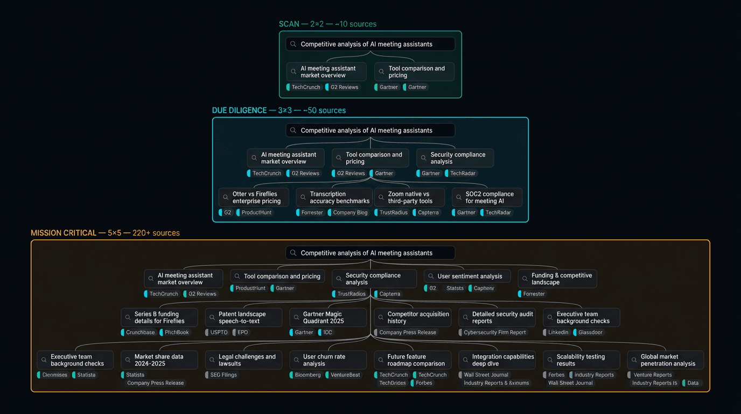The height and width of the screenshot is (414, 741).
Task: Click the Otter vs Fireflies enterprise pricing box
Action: (x=254, y=197)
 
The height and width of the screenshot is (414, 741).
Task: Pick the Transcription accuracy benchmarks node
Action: (x=334, y=197)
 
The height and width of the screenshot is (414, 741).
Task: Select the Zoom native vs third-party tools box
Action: (x=409, y=197)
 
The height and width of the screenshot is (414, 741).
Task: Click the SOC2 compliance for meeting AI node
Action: (x=487, y=197)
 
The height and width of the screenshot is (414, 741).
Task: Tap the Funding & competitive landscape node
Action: (x=557, y=279)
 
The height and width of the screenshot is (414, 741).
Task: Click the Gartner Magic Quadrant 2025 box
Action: (x=328, y=318)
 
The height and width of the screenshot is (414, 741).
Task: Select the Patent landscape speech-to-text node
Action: (x=243, y=318)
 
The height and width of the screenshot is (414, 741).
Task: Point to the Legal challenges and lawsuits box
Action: (x=243, y=360)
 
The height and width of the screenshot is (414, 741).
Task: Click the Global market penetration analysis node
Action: (x=666, y=360)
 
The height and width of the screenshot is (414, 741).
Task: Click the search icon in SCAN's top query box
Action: (x=293, y=44)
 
